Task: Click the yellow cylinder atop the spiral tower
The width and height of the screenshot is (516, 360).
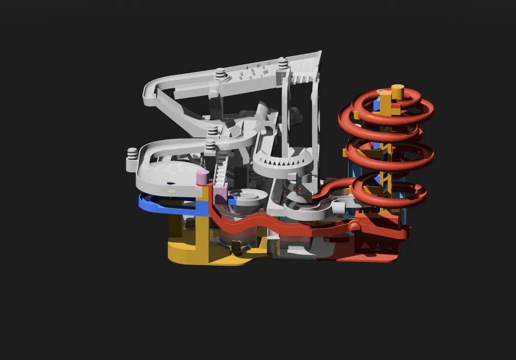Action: coord(397,91)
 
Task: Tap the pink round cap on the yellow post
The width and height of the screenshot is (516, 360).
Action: coord(203,176)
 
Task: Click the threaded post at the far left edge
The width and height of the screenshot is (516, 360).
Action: coord(132,155)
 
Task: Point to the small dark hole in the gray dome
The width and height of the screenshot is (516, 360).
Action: coord(168,183)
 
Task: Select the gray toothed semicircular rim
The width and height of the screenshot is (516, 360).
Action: coord(283,168)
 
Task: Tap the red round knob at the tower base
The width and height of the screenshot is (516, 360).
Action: coord(354,226)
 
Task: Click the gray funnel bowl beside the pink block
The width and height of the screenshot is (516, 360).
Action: coord(248,199)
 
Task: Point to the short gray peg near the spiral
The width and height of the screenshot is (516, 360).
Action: coord(340,206)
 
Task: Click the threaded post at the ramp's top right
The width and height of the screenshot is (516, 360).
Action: coord(282,64)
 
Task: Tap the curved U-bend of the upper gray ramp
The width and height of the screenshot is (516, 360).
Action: coord(150,93)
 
